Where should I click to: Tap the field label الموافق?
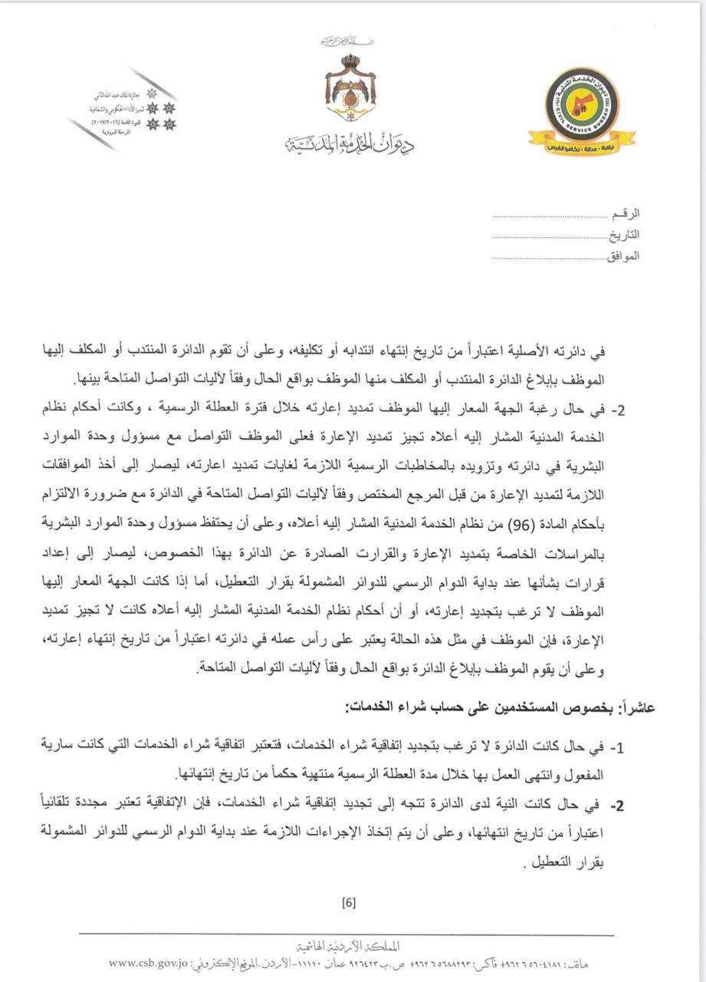point(622,255)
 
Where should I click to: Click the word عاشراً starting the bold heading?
point(637,709)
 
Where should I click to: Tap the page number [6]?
point(350,903)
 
